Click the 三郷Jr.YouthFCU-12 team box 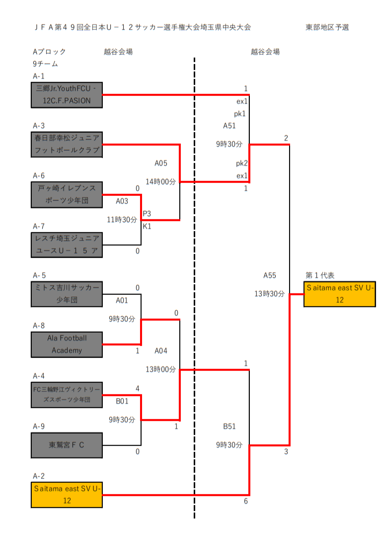67,95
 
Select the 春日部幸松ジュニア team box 67,145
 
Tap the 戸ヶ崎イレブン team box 67,195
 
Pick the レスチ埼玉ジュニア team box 67,245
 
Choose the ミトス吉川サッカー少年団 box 67,294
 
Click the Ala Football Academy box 67,344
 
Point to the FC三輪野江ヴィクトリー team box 67,394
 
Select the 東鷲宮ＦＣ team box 67,445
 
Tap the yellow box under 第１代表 339,294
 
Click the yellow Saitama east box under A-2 67,495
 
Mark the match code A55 270,275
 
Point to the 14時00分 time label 160,182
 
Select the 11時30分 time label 122,219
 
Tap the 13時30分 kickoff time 270,294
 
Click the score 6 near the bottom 245,502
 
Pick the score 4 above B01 137,388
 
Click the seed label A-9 39,426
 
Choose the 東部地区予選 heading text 327,27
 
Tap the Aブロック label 49,52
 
